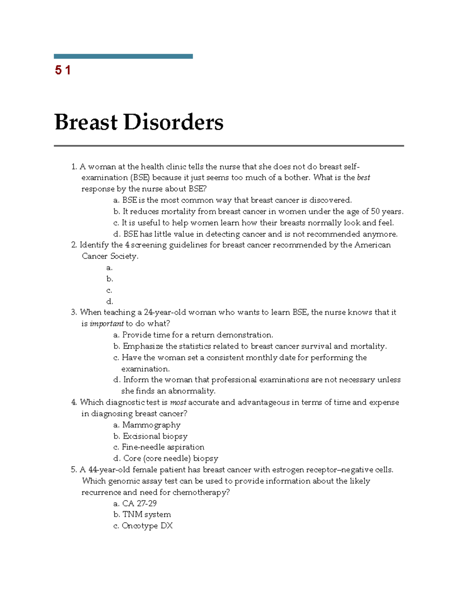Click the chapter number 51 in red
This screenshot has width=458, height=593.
(63, 70)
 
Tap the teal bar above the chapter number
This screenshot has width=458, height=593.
(123, 57)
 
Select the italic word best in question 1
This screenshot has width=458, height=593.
(363, 178)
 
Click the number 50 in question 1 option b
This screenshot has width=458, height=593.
(376, 212)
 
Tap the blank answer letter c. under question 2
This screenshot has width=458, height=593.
(109, 290)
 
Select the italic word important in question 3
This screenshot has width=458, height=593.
(106, 324)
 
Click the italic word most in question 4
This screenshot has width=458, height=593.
(178, 402)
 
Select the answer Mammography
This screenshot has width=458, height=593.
(151, 425)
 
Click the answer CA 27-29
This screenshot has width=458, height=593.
(139, 503)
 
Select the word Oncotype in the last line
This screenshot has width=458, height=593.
(140, 526)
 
